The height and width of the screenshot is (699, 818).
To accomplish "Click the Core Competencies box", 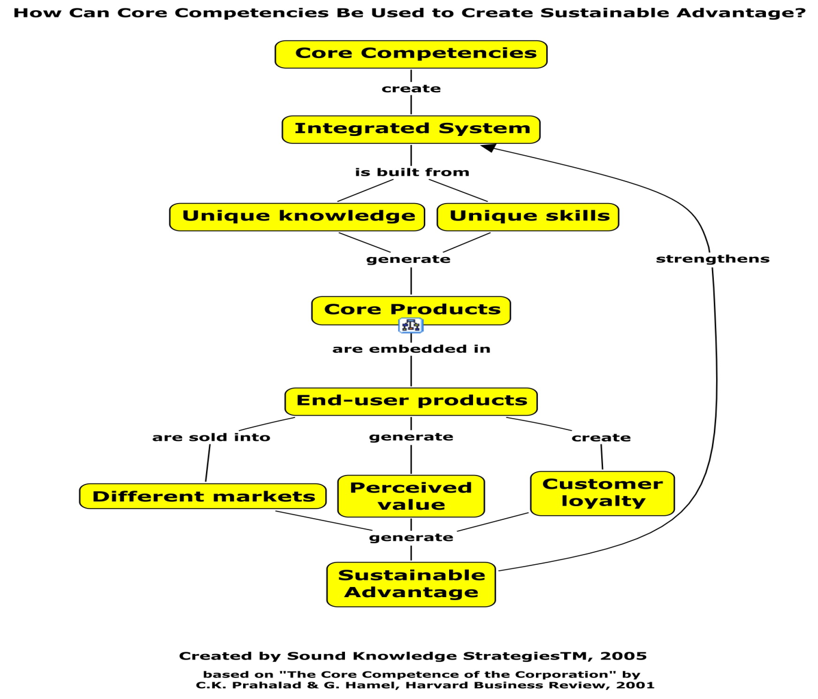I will (411, 54).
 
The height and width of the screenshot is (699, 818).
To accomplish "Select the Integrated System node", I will (411, 129).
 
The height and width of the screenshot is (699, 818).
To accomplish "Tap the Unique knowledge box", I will (297, 216).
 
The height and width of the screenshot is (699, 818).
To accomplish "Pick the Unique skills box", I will (528, 216).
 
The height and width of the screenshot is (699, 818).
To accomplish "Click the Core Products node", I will (411, 310).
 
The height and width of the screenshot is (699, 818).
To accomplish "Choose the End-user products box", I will (411, 401).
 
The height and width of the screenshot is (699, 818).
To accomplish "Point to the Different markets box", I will (202, 496).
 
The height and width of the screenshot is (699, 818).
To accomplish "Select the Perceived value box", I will (411, 496).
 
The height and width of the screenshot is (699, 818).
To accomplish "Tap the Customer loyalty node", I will (602, 493).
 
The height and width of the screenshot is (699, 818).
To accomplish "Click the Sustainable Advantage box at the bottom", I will (411, 584).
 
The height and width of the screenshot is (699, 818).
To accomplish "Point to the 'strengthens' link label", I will (713, 259).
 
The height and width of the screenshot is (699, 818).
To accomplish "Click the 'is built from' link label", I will (412, 173).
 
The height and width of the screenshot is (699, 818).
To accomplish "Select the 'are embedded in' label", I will (411, 349).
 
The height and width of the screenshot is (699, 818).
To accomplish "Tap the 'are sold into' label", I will (211, 437).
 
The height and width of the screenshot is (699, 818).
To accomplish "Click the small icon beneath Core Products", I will (411, 325).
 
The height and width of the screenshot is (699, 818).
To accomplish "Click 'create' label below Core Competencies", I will (411, 89).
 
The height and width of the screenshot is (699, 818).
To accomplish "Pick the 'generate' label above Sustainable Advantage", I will (411, 537).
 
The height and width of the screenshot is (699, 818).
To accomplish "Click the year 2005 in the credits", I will (623, 656).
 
